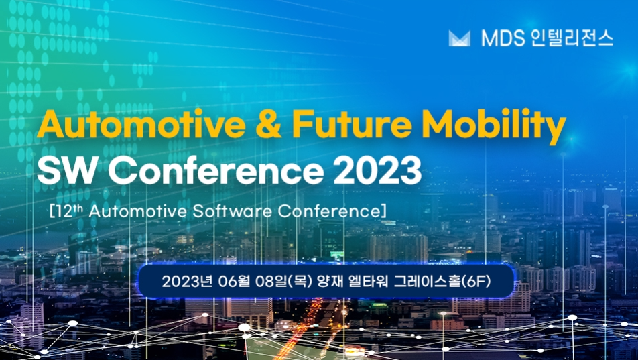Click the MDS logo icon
459,38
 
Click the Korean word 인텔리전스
572,38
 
